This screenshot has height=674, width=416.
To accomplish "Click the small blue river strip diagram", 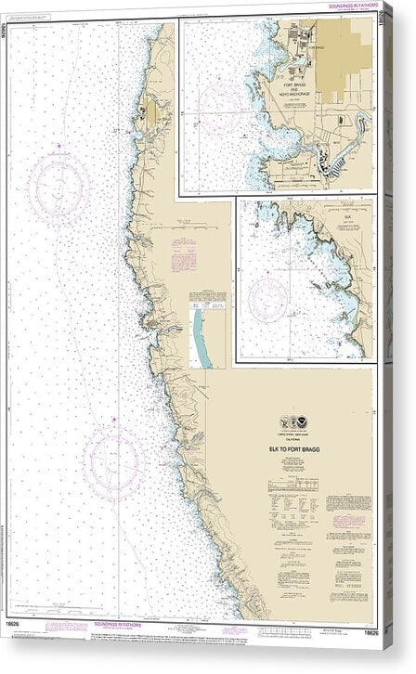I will tap(200, 338).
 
